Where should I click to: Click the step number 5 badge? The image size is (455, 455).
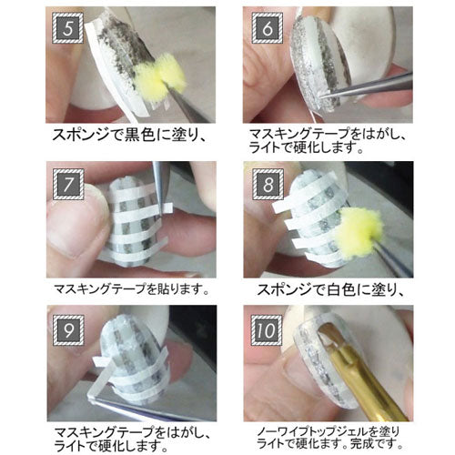(x=67, y=27)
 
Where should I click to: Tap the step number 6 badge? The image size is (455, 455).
(x=268, y=27)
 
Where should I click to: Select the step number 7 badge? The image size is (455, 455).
(x=68, y=184)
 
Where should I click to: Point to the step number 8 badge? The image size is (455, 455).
(x=268, y=184)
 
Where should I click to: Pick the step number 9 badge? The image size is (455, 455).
(x=68, y=330)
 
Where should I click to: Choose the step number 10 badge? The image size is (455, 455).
(x=267, y=330)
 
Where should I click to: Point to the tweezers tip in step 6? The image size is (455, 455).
(x=322, y=96)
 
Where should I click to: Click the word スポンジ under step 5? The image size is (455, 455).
(x=80, y=135)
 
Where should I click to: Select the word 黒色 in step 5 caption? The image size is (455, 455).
(x=139, y=135)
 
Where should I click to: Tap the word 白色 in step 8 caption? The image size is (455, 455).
(x=342, y=290)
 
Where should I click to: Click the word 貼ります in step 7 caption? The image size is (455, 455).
(x=175, y=289)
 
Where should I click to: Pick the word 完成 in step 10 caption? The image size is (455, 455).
(x=362, y=444)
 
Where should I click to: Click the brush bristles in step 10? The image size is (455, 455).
(x=330, y=335)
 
